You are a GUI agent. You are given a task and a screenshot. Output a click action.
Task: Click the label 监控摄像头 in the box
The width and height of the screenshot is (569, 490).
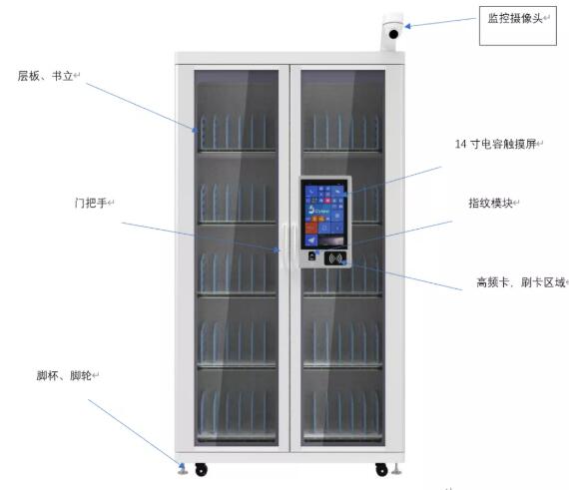click(x=514, y=18)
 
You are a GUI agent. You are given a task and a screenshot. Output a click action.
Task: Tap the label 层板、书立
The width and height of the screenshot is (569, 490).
click(x=45, y=76)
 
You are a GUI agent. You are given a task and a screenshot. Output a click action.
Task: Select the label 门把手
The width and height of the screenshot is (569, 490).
click(x=91, y=203)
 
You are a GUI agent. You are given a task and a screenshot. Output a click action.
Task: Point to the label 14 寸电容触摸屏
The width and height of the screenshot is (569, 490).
click(x=495, y=144)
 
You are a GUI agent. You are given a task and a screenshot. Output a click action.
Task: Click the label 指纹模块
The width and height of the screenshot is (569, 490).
click(x=490, y=203)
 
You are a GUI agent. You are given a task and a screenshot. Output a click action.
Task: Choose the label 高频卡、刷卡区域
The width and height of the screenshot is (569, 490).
click(x=521, y=282)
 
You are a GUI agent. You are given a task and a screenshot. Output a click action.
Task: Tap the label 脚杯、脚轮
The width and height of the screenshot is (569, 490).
click(x=64, y=375)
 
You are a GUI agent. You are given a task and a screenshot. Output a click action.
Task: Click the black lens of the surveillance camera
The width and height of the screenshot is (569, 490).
click(x=393, y=35)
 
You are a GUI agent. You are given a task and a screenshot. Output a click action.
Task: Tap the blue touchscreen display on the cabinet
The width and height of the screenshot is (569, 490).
click(x=325, y=216)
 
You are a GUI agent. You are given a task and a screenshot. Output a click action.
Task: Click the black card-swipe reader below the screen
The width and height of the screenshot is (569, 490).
click(x=335, y=257)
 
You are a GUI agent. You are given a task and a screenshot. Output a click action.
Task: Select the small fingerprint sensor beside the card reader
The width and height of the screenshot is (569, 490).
click(x=311, y=256)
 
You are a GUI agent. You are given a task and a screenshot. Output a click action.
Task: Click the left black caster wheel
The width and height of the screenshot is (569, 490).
click(x=201, y=469)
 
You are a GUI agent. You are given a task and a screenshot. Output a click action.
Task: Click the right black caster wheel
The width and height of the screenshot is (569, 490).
click(x=381, y=469)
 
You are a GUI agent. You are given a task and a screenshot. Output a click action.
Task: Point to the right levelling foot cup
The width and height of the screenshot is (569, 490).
click(x=396, y=469)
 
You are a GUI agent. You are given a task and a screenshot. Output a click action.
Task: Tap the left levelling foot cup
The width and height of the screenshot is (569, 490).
click(x=182, y=469)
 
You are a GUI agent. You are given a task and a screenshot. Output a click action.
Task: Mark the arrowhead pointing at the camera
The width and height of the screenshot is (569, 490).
click(x=408, y=26)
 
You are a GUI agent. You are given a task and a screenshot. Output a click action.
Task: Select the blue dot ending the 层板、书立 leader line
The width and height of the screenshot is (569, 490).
click(x=195, y=130)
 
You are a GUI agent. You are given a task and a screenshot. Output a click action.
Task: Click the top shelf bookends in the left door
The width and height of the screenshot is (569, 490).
click(x=237, y=132)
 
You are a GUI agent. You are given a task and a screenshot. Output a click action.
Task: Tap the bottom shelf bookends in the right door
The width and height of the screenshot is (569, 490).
click(x=342, y=414)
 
